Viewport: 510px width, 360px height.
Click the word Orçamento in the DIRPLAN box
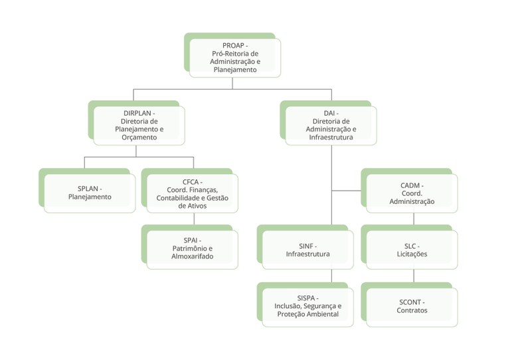tap(139, 137)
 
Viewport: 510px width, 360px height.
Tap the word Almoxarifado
tap(192, 256)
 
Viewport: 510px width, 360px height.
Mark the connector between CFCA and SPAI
tap(194, 219)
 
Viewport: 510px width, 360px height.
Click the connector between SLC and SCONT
tap(414, 276)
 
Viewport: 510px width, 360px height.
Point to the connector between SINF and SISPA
tap(332, 276)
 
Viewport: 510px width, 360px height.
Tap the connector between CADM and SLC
tap(414, 219)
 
